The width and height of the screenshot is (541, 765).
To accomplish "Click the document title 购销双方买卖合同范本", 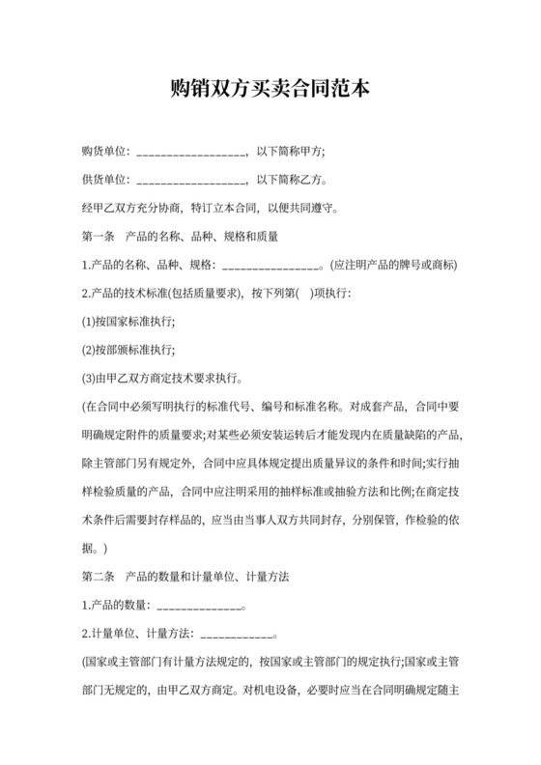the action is (270, 90).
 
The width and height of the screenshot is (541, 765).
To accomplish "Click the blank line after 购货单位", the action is (192, 153).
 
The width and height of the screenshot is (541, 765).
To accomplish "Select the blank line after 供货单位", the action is (192, 181).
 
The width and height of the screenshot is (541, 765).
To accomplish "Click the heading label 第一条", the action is (100, 236).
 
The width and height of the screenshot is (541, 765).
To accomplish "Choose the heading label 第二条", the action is (100, 576).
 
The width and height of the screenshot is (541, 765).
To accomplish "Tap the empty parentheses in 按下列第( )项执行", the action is (304, 293).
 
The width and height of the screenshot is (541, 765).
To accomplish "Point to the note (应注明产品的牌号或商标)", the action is (393, 265).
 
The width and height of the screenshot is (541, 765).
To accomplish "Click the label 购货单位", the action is (105, 152).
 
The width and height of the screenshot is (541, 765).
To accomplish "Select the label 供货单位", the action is (105, 180).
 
